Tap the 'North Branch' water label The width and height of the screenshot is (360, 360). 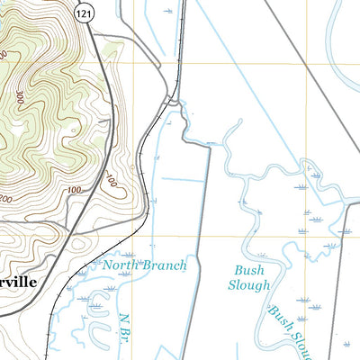pos(144,265)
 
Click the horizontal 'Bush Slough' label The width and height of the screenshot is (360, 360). pos(252,277)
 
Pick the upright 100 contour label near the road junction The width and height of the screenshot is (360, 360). pos(75,190)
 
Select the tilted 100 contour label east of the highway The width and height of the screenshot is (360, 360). pos(111,183)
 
